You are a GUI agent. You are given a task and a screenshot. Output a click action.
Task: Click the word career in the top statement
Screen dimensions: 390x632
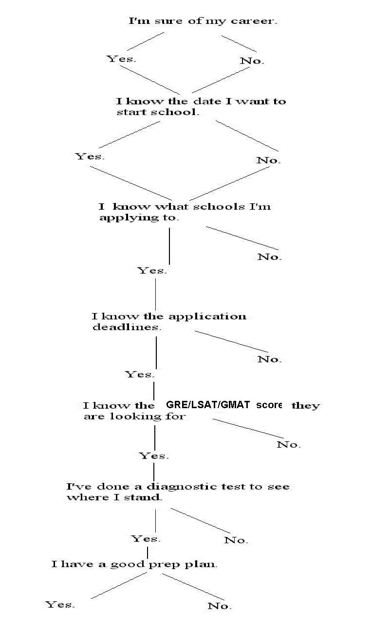[x=254, y=21]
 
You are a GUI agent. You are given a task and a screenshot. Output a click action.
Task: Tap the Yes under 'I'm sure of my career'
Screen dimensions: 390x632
[x=121, y=59]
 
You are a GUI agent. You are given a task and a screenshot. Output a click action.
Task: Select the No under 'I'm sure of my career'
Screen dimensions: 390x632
[x=252, y=60]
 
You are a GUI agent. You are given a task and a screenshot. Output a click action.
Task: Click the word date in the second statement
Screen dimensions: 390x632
[x=207, y=101]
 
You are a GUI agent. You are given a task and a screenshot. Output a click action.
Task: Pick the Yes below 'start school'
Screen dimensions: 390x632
[x=90, y=156]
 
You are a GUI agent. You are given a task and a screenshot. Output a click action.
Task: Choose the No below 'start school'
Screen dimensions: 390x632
[x=269, y=160]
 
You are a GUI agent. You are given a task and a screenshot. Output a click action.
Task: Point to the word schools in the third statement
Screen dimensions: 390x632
[x=219, y=206]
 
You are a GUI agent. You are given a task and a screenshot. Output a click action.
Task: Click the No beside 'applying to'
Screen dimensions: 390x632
[x=269, y=257]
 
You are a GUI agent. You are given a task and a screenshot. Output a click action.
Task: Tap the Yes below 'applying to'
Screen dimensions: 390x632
[x=152, y=270]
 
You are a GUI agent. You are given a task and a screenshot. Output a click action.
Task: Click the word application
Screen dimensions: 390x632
[x=207, y=316]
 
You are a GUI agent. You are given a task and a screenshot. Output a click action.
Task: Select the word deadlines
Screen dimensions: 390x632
[x=127, y=327]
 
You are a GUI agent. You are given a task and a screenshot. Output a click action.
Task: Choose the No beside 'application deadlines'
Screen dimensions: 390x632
[x=269, y=359]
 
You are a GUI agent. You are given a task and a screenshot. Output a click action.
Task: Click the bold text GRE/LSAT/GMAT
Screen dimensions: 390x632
[x=208, y=405]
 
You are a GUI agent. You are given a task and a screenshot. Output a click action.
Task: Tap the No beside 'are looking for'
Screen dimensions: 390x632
[x=289, y=445]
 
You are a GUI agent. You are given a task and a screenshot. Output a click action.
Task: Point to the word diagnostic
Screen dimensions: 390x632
[x=182, y=487]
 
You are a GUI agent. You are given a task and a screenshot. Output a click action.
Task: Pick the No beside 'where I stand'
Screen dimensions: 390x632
[x=236, y=540]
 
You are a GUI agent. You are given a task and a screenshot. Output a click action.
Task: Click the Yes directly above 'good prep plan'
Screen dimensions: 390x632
[x=146, y=538]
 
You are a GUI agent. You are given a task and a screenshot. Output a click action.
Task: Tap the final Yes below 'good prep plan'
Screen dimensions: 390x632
[x=60, y=604]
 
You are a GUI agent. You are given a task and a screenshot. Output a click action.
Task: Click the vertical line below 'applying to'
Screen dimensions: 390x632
[x=169, y=246]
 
